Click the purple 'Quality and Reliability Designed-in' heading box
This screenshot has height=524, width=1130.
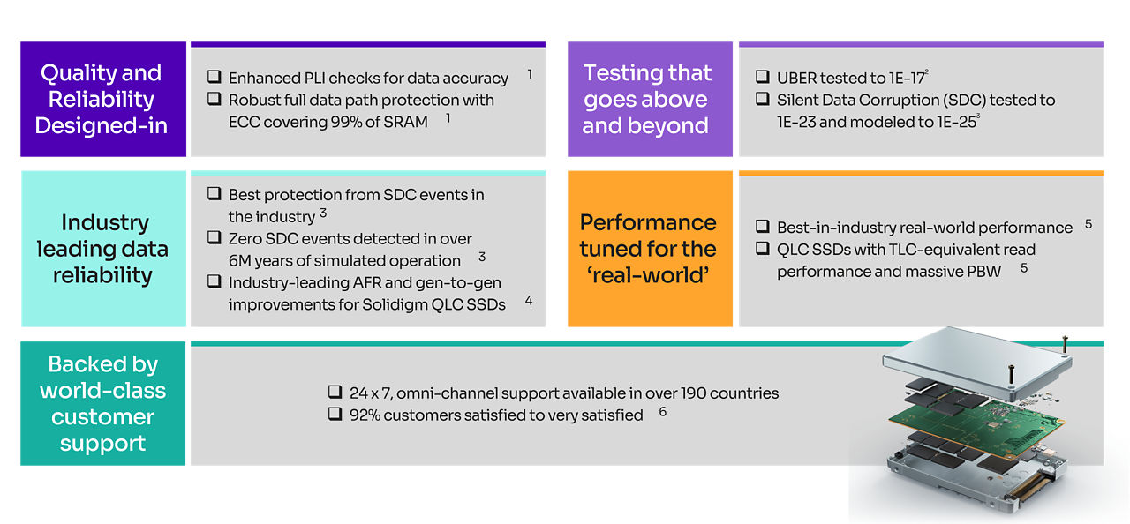tap(103, 100)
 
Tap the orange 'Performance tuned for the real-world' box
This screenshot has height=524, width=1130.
tap(650, 249)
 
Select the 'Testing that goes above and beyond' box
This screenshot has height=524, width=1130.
tap(650, 100)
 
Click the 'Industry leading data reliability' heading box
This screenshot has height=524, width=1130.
tap(103, 249)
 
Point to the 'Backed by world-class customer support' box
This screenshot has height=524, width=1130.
tap(103, 403)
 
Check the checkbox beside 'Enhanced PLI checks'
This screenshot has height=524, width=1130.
tap(215, 77)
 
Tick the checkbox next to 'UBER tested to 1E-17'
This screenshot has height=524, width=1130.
tap(762, 77)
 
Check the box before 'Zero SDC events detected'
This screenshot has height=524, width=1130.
tap(215, 237)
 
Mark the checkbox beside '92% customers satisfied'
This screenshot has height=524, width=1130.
tap(335, 414)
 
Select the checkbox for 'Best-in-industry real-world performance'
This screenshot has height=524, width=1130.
tap(762, 226)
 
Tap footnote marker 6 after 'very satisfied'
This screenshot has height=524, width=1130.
tap(663, 412)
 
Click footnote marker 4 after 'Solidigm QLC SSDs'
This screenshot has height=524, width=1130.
tap(529, 301)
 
